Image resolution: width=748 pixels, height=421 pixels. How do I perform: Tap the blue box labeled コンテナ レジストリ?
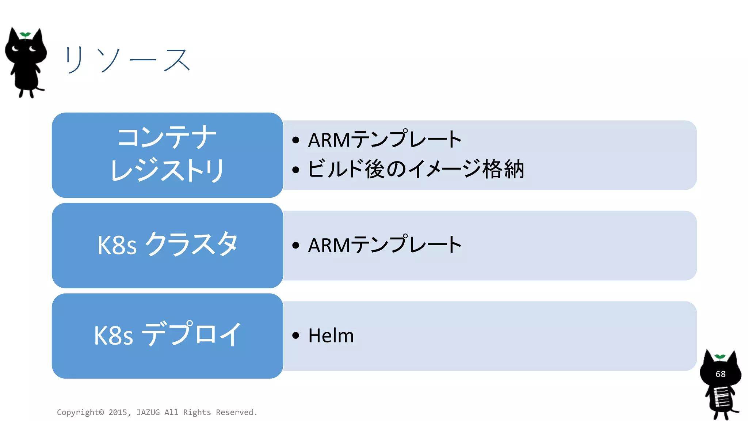[167, 155]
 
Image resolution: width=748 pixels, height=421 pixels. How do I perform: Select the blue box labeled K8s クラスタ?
[167, 245]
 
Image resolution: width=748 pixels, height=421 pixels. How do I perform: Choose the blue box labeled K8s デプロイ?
[167, 335]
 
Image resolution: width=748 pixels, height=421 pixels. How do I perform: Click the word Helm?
[331, 335]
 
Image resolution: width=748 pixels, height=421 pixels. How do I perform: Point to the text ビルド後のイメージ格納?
[416, 170]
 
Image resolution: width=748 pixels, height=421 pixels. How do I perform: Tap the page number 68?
[720, 374]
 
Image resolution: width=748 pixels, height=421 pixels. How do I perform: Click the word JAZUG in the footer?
[148, 413]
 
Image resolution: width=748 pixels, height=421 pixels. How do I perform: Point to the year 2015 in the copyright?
[118, 413]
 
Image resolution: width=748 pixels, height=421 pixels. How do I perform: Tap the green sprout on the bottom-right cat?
[720, 357]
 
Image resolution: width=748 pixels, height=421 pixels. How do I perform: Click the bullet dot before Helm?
[296, 335]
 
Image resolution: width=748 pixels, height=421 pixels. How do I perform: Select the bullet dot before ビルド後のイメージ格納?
[296, 170]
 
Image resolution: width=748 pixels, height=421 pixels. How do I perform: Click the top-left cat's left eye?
[15, 49]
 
